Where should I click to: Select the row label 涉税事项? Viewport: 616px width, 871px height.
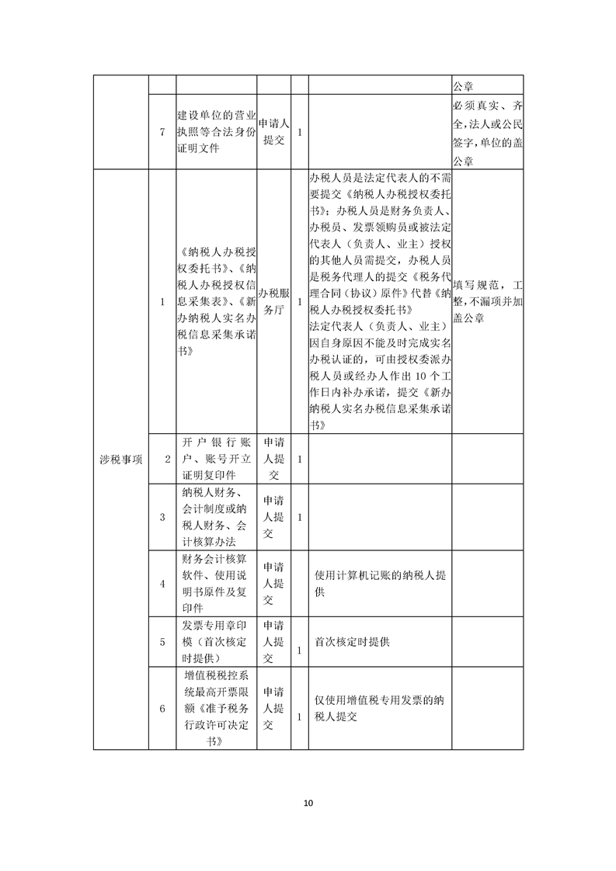pos(121,459)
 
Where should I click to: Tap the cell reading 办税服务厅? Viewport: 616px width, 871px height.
pos(273,302)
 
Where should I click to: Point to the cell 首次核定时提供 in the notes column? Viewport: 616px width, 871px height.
pos(352,642)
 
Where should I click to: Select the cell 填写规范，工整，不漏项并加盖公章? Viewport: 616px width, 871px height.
pos(487,302)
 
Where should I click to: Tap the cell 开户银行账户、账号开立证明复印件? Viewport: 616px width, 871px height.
pos(216,458)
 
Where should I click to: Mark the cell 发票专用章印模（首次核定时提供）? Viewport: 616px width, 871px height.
pos(216,642)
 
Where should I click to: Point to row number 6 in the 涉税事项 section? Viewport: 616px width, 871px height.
pos(162,708)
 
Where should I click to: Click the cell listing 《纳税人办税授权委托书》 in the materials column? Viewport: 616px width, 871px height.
pos(216,302)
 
